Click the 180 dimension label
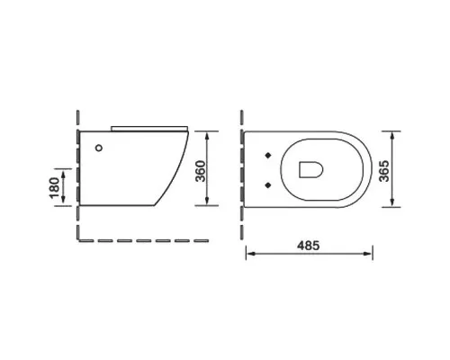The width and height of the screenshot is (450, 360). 54,188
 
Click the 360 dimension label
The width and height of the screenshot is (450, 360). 201,171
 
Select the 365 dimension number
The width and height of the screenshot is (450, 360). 383,171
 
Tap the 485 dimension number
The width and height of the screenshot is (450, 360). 309,246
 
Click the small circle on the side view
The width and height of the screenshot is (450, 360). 99,148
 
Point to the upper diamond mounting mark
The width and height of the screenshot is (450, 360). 268,156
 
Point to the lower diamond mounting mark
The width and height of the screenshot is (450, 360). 268,185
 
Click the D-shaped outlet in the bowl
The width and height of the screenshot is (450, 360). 310,169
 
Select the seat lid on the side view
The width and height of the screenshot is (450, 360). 149,129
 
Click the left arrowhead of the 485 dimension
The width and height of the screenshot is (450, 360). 250,254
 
